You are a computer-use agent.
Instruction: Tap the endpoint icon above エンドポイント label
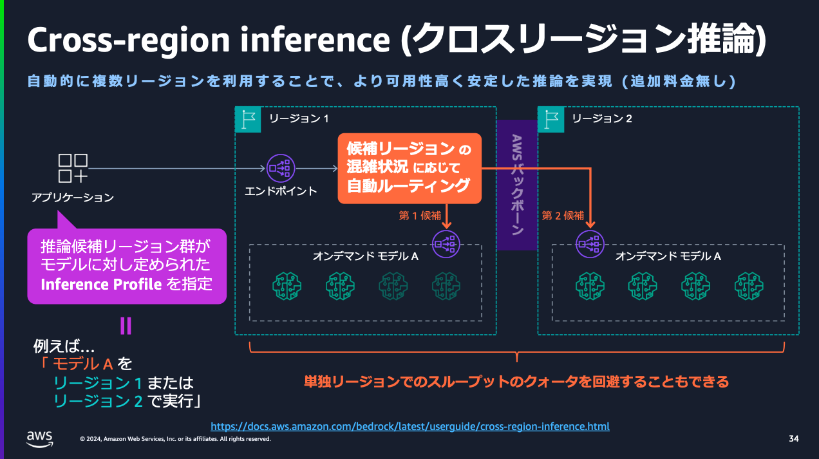click(281, 169)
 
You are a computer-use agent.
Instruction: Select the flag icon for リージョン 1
click(248, 119)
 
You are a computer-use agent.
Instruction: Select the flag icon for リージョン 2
click(551, 119)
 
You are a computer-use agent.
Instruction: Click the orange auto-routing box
click(410, 169)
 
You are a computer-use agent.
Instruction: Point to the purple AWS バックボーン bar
click(517, 185)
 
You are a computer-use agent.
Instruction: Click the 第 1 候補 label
click(420, 216)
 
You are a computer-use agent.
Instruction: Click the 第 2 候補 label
click(563, 216)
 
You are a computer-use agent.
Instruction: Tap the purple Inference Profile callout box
click(127, 265)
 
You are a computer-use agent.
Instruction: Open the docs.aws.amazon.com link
click(410, 426)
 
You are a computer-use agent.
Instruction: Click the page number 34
click(793, 439)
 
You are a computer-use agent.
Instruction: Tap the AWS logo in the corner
click(40, 438)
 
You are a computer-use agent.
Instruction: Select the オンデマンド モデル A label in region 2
click(668, 256)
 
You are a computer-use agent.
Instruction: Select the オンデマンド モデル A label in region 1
click(366, 256)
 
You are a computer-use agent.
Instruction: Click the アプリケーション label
click(73, 198)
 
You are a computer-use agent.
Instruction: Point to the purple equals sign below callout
click(126, 326)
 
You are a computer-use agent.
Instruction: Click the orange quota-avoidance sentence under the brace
click(516, 382)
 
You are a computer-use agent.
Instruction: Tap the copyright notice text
click(175, 439)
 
